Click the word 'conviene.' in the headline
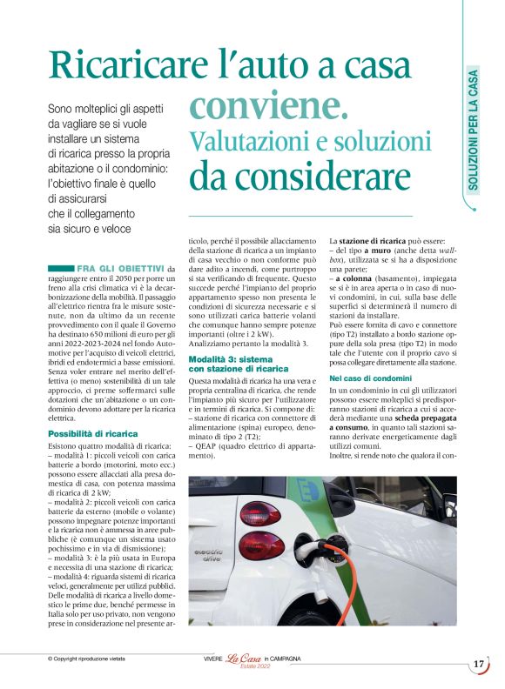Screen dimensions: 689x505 click(269, 107)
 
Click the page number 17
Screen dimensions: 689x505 click(479, 664)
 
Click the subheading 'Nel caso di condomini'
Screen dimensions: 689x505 click(370, 380)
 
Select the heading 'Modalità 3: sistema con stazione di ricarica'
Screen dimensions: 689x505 click(239, 339)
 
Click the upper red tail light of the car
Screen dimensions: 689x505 click(260, 513)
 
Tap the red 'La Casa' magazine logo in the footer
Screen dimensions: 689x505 click(244, 659)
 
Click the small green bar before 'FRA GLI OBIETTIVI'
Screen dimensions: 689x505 click(61, 268)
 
